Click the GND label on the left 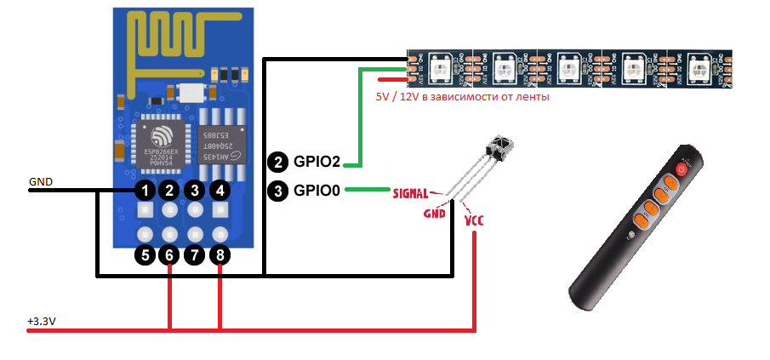41,181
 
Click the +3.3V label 43,322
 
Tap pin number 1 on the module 145,190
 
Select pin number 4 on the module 220,190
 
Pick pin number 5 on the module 145,254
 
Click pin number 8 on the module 220,254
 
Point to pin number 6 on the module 170,254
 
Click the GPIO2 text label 317,161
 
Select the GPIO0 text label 317,191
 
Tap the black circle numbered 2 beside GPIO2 277,161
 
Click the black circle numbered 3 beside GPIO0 277,191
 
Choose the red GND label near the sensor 436,214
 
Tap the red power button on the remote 681,169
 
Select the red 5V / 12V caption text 462,97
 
